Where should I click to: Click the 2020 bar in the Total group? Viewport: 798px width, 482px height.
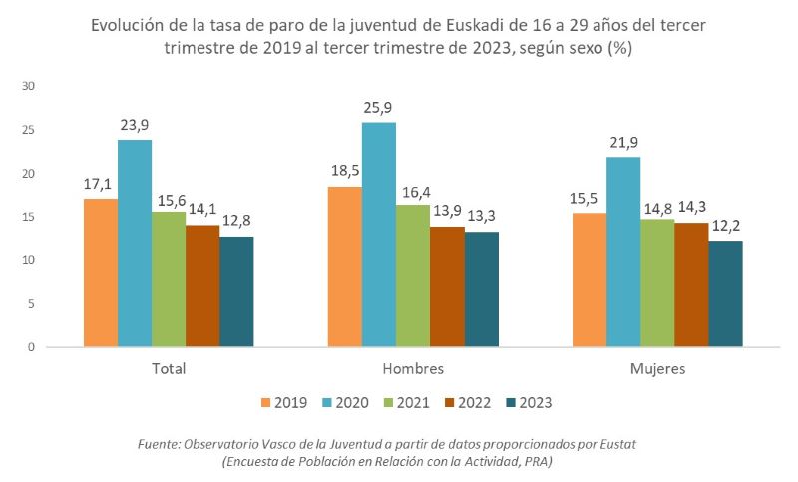click(135, 243)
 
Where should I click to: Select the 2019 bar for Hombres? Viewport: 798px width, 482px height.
click(345, 266)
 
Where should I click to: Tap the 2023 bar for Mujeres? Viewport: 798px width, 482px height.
click(725, 294)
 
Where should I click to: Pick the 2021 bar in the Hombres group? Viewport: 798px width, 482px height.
click(413, 275)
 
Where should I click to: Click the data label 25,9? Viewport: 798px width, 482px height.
click(380, 107)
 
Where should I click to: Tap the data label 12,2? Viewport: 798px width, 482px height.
click(725, 227)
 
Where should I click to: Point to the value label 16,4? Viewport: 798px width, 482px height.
click(413, 190)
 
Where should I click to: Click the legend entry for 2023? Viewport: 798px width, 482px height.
click(529, 403)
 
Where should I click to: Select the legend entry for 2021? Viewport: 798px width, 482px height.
click(407, 403)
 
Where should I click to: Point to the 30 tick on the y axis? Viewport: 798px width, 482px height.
click(29, 87)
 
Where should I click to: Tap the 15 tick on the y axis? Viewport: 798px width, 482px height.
click(29, 218)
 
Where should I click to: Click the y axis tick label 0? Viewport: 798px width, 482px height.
click(32, 348)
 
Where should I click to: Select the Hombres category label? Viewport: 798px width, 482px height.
click(412, 368)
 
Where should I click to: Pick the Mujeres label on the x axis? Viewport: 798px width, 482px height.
click(657, 368)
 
